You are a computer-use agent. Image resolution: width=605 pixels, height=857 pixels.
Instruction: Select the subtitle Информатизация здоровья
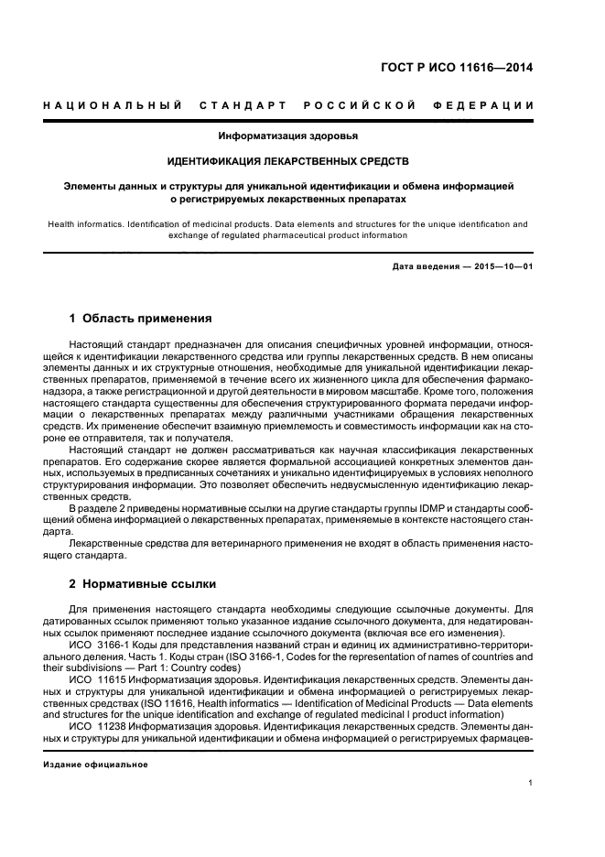click(287, 136)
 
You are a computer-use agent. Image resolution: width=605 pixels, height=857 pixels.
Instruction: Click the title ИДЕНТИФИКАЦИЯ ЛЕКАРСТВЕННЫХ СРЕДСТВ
click(287, 161)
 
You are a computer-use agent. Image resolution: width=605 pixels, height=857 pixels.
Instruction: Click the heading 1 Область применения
click(140, 319)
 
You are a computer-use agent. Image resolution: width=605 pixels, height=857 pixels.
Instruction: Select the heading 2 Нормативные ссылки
click(143, 583)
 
